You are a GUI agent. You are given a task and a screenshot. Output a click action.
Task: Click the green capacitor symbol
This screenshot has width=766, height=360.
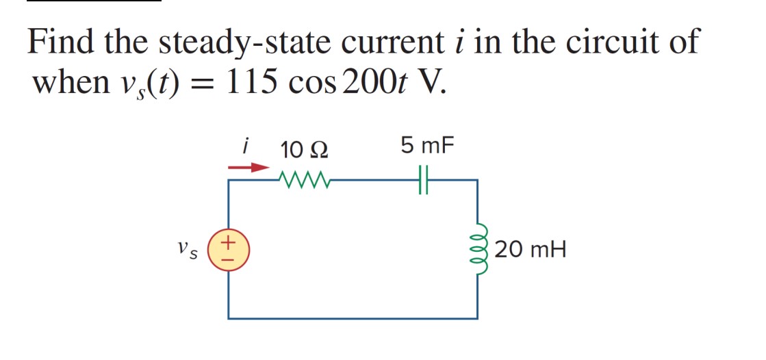(x=423, y=181)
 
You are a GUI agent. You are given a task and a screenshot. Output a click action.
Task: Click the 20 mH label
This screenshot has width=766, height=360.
(x=530, y=250)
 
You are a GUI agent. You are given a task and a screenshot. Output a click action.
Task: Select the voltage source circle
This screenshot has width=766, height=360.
(x=229, y=250)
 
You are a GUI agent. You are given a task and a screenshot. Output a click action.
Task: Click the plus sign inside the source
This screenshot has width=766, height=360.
(x=229, y=242)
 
